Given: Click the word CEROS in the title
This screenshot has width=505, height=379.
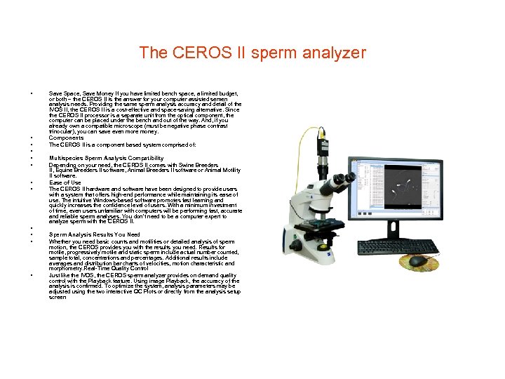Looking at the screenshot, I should pyautogui.click(x=190, y=53).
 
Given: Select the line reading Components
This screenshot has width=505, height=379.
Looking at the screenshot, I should pyautogui.click(x=66, y=138).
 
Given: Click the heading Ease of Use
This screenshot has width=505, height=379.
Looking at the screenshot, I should pyautogui.click(x=65, y=182).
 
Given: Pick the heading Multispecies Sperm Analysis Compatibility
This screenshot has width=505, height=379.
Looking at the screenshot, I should pyautogui.click(x=106, y=159).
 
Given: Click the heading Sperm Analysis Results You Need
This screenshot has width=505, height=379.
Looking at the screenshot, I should pyautogui.click(x=95, y=234).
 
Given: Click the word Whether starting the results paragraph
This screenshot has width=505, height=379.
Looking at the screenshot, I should pyautogui.click(x=60, y=241).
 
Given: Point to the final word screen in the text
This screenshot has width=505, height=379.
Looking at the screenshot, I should pyautogui.click(x=58, y=297).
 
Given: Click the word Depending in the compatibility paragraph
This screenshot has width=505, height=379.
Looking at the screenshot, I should pyautogui.click(x=62, y=165).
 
